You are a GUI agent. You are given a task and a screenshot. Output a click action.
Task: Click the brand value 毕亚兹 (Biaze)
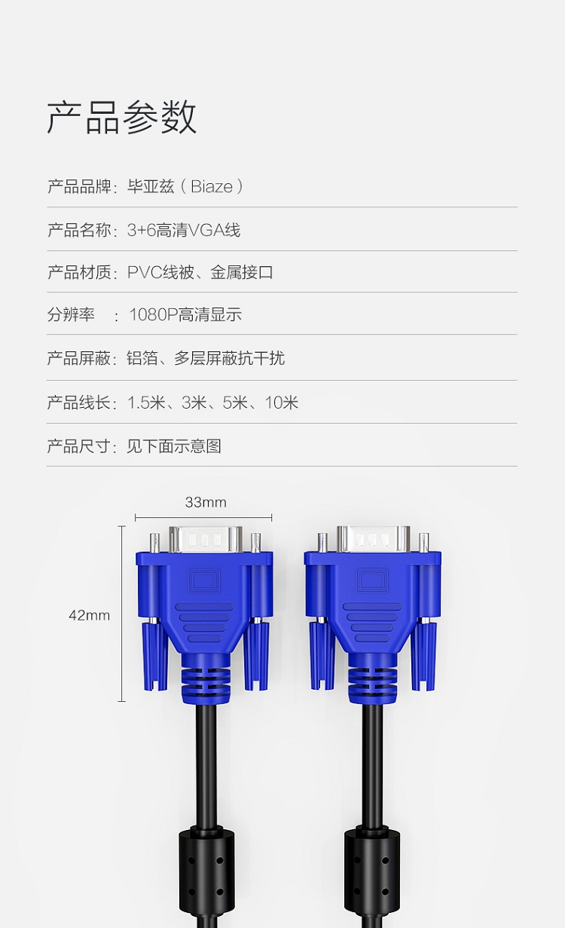coord(185,187)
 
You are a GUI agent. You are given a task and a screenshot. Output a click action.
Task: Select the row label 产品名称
coord(79,231)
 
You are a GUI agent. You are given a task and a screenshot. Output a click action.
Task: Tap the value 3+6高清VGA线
coord(184,231)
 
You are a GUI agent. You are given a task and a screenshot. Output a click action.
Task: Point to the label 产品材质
coord(79,273)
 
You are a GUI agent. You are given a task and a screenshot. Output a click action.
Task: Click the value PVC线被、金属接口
coord(200,273)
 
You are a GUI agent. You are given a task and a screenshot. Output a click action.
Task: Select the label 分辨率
coord(71,315)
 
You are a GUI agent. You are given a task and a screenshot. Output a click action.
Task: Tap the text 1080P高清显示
coord(185,315)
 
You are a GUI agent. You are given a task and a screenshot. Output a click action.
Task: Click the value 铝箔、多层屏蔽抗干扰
coord(206,358)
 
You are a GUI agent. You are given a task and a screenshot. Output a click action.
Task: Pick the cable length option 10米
coord(282,403)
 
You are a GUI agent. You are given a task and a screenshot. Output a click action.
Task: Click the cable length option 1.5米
coord(146,403)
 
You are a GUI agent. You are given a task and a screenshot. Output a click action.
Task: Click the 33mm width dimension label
coord(206,503)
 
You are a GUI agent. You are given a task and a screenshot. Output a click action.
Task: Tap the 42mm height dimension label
coord(89,615)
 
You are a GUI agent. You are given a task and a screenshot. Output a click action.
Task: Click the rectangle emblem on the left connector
coord(204,580)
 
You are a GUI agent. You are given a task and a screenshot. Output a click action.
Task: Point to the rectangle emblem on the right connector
coord(372,580)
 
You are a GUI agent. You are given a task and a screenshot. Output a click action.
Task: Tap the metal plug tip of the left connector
coord(205,539)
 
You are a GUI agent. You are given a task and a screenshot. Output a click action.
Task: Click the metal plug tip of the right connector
coord(373,539)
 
